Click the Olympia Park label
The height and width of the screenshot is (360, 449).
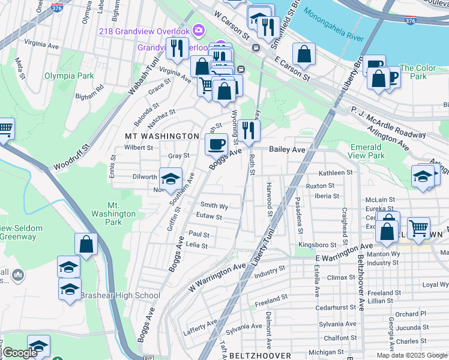68,76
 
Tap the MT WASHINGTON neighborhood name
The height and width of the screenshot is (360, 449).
161,136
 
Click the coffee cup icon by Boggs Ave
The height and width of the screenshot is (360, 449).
216,143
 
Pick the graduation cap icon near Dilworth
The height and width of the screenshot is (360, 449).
170,178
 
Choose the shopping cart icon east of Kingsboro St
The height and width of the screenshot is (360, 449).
418,227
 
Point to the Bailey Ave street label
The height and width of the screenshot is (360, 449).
287,149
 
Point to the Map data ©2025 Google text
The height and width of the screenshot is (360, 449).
411,355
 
